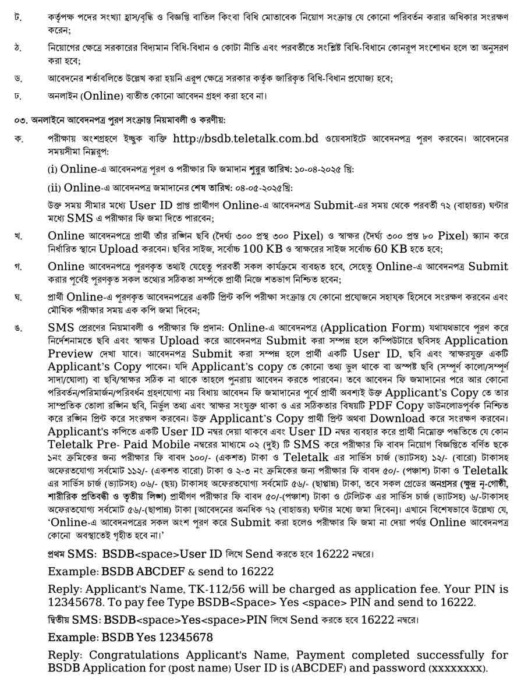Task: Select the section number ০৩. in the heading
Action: coord(22,120)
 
